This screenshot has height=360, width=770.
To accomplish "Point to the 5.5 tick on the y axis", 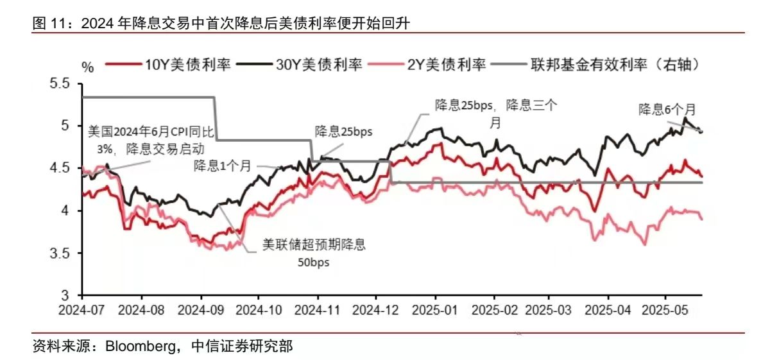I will pyautogui.click(x=65, y=84).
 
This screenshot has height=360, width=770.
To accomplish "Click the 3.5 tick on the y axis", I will pyautogui.click(x=65, y=253).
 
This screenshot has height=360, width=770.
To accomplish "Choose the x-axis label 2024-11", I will pyautogui.click(x=317, y=309).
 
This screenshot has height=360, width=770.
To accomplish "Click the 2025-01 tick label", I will pyautogui.click(x=436, y=309).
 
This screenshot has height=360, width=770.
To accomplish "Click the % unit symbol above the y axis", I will pyautogui.click(x=89, y=67).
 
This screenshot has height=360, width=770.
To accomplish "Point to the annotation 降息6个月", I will pyautogui.click(x=666, y=110).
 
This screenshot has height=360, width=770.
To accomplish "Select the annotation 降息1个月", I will pyautogui.click(x=223, y=166).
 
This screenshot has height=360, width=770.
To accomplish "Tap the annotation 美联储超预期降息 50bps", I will pyautogui.click(x=318, y=252).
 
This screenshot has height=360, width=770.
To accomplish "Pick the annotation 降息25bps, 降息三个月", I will pyautogui.click(x=495, y=113).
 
